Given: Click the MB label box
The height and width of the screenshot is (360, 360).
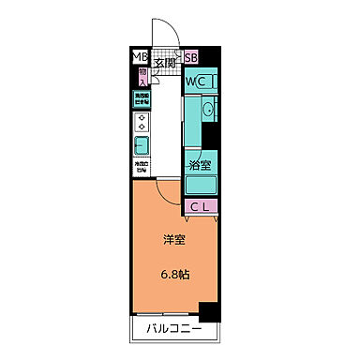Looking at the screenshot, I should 138,57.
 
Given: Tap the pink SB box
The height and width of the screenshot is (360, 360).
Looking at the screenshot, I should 190,57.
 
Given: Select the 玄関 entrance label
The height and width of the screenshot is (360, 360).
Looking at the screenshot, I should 166,64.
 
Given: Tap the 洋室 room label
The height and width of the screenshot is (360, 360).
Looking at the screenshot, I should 173,240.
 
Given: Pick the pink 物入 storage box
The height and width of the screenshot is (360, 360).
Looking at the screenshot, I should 142,75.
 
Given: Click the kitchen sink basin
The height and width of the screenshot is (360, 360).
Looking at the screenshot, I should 142,146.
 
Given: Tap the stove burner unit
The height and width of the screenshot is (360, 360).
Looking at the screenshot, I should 142,122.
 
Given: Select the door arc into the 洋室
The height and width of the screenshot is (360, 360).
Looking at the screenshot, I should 169,192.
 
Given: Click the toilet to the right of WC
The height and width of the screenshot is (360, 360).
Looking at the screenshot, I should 212,82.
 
